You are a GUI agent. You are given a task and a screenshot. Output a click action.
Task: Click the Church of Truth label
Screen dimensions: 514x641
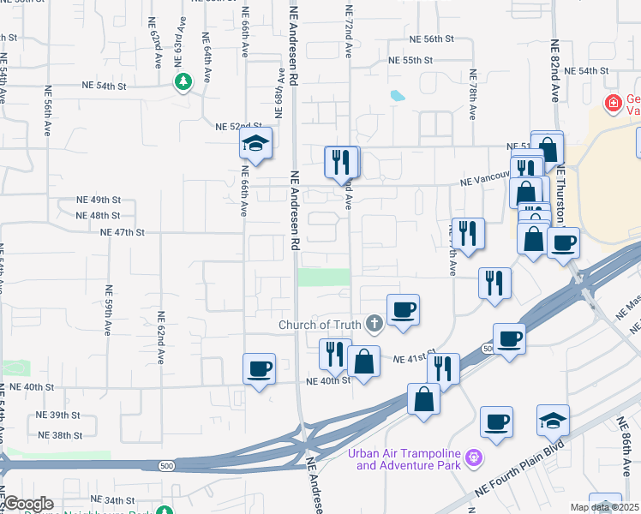click(x=320, y=325)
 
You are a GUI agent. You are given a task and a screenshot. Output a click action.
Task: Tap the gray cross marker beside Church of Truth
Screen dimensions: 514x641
click(x=373, y=324)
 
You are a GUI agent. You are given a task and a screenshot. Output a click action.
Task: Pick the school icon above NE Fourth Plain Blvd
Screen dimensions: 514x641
click(x=553, y=421)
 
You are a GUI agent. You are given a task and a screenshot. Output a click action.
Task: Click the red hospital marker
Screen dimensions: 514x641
click(x=613, y=105)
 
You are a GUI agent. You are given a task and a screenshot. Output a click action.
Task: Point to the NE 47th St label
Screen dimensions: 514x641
click(x=121, y=232)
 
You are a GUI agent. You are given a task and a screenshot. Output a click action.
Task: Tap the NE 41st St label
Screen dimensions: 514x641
click(x=415, y=357)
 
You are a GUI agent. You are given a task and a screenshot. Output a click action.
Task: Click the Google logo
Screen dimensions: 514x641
click(x=27, y=504)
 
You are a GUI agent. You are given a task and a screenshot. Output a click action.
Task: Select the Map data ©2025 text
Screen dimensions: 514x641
click(x=604, y=507)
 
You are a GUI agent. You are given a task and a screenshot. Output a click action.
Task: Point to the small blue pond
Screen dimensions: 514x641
click(x=397, y=95)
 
